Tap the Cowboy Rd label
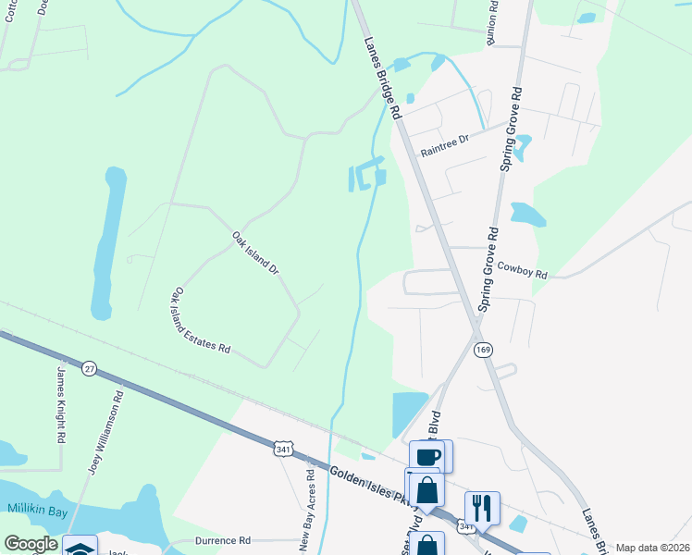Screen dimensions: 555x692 523,269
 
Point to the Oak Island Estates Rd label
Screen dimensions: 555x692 199,320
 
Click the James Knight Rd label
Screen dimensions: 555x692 62,402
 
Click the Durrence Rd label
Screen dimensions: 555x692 223,540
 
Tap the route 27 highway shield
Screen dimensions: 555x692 89,367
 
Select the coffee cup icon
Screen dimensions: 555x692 427,456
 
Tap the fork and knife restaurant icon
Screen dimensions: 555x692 482,507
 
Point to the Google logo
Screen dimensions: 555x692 31,544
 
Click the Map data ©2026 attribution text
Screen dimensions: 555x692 652,548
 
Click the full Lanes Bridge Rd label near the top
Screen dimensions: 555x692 382,78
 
